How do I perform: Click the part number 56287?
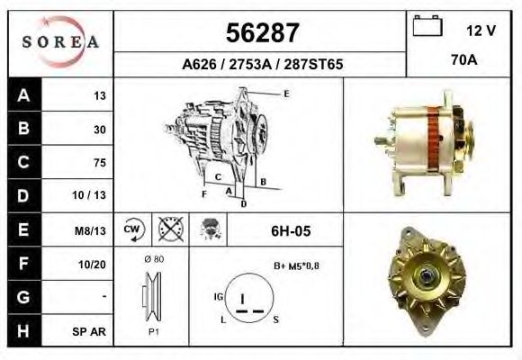point(261,34)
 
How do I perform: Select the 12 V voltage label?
point(480,31)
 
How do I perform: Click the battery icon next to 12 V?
point(425,28)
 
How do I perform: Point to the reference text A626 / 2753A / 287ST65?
point(261,65)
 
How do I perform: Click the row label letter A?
point(22,95)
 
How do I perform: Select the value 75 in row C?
point(99,163)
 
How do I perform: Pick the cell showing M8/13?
point(92,230)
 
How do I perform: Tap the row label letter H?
point(22,330)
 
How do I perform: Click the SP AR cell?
point(92,331)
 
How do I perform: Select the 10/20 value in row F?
point(94,264)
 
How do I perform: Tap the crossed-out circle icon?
point(169,230)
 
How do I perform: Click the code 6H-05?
point(291,231)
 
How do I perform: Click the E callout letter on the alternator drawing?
point(286,94)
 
